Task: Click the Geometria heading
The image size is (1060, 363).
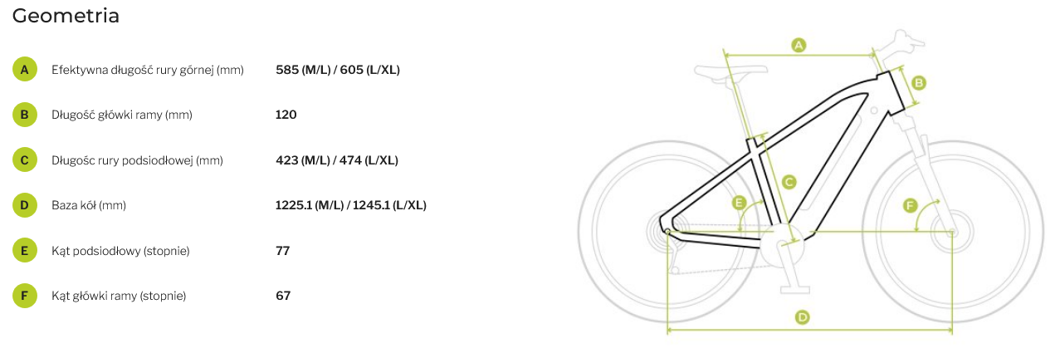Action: pos(66,16)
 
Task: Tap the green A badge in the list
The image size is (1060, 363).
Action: pos(25,70)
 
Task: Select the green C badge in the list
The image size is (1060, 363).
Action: pos(25,160)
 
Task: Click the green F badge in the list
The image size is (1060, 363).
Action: pos(25,296)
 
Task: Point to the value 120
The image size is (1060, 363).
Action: pos(286,115)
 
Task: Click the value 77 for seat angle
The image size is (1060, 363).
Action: pos(282,250)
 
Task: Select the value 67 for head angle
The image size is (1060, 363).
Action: pos(283,296)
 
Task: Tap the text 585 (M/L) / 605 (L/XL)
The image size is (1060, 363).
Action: pos(338,70)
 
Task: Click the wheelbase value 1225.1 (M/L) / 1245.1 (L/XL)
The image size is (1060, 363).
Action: pos(350,205)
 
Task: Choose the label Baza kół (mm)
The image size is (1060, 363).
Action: pos(89,205)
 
